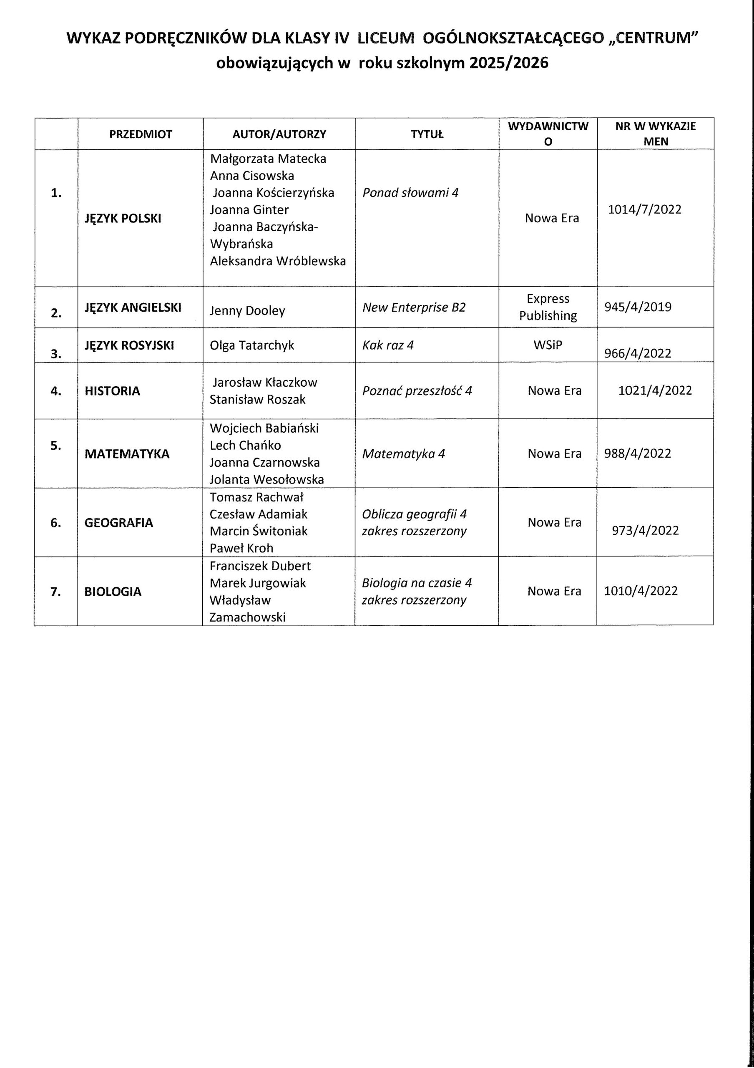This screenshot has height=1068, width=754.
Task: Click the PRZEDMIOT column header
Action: pyautogui.click(x=141, y=134)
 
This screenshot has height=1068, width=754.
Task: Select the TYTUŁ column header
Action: pyautogui.click(x=427, y=134)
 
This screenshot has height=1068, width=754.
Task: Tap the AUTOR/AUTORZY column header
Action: pyautogui.click(x=279, y=134)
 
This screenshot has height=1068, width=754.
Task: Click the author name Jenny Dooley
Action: pyautogui.click(x=247, y=311)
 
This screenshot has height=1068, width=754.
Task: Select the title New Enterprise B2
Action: pyautogui.click(x=414, y=307)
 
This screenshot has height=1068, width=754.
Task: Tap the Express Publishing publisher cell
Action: pyautogui.click(x=548, y=307)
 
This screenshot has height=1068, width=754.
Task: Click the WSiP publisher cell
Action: pyautogui.click(x=548, y=345)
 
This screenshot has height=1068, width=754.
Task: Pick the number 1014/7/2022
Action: pyautogui.click(x=644, y=209)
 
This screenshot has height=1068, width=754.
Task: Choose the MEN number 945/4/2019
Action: pyautogui.click(x=637, y=307)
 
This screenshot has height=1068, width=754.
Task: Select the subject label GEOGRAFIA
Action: pyautogui.click(x=118, y=523)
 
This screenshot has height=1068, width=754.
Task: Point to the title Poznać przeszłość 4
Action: pyautogui.click(x=417, y=391)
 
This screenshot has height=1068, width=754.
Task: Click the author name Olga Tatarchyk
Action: pyautogui.click(x=251, y=345)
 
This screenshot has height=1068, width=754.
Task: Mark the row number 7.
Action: pyautogui.click(x=56, y=592)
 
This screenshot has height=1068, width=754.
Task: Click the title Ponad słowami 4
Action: pyautogui.click(x=410, y=193)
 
